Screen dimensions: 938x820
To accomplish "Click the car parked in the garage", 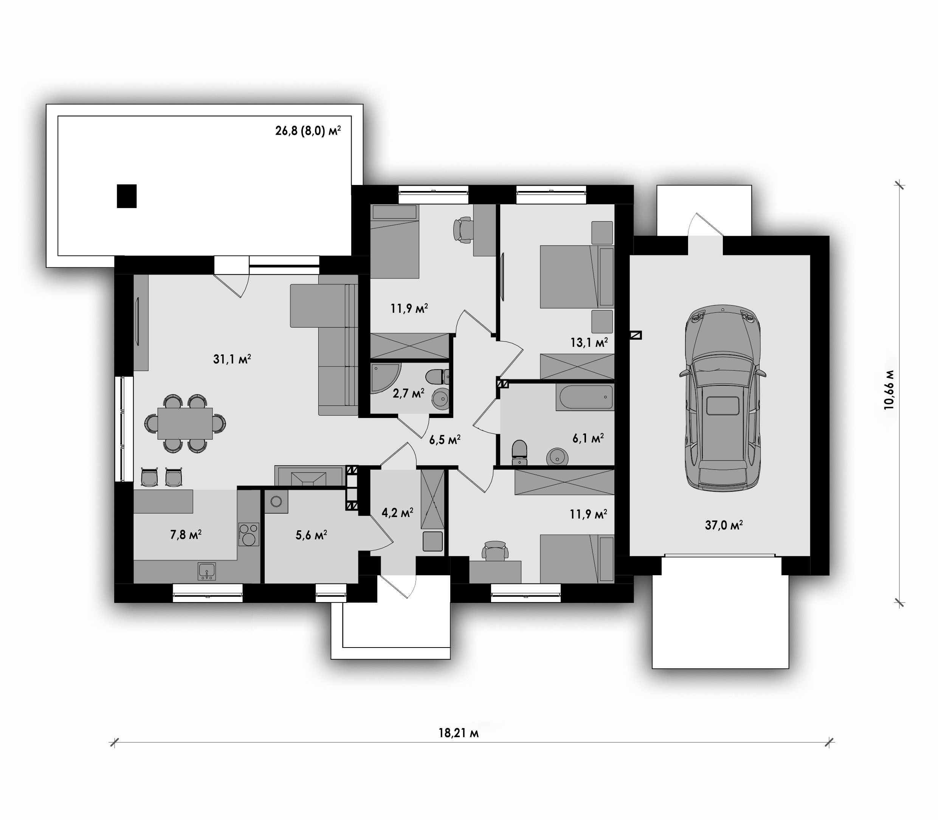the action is coord(722,398).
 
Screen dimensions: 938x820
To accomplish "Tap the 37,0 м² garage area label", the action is coord(724,525).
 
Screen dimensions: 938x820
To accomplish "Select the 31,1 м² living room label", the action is coord(232,359).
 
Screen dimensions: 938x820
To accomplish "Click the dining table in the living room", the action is coord(185,423).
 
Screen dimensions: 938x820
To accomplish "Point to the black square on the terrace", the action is coord(127,196).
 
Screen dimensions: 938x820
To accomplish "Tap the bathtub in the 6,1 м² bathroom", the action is coord(585,397).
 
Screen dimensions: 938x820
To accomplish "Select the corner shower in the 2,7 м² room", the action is coord(385,379).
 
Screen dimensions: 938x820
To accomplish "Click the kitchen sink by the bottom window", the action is coord(207,571).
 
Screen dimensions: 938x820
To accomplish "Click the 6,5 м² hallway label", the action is coord(445,440).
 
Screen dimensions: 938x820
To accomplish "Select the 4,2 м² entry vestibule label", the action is coord(397,512).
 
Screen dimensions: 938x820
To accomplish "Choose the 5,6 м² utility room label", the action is coord(311,535).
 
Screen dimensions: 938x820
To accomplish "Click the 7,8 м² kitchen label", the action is coord(186,534).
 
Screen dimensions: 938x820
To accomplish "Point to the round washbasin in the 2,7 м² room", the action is coord(441,398).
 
